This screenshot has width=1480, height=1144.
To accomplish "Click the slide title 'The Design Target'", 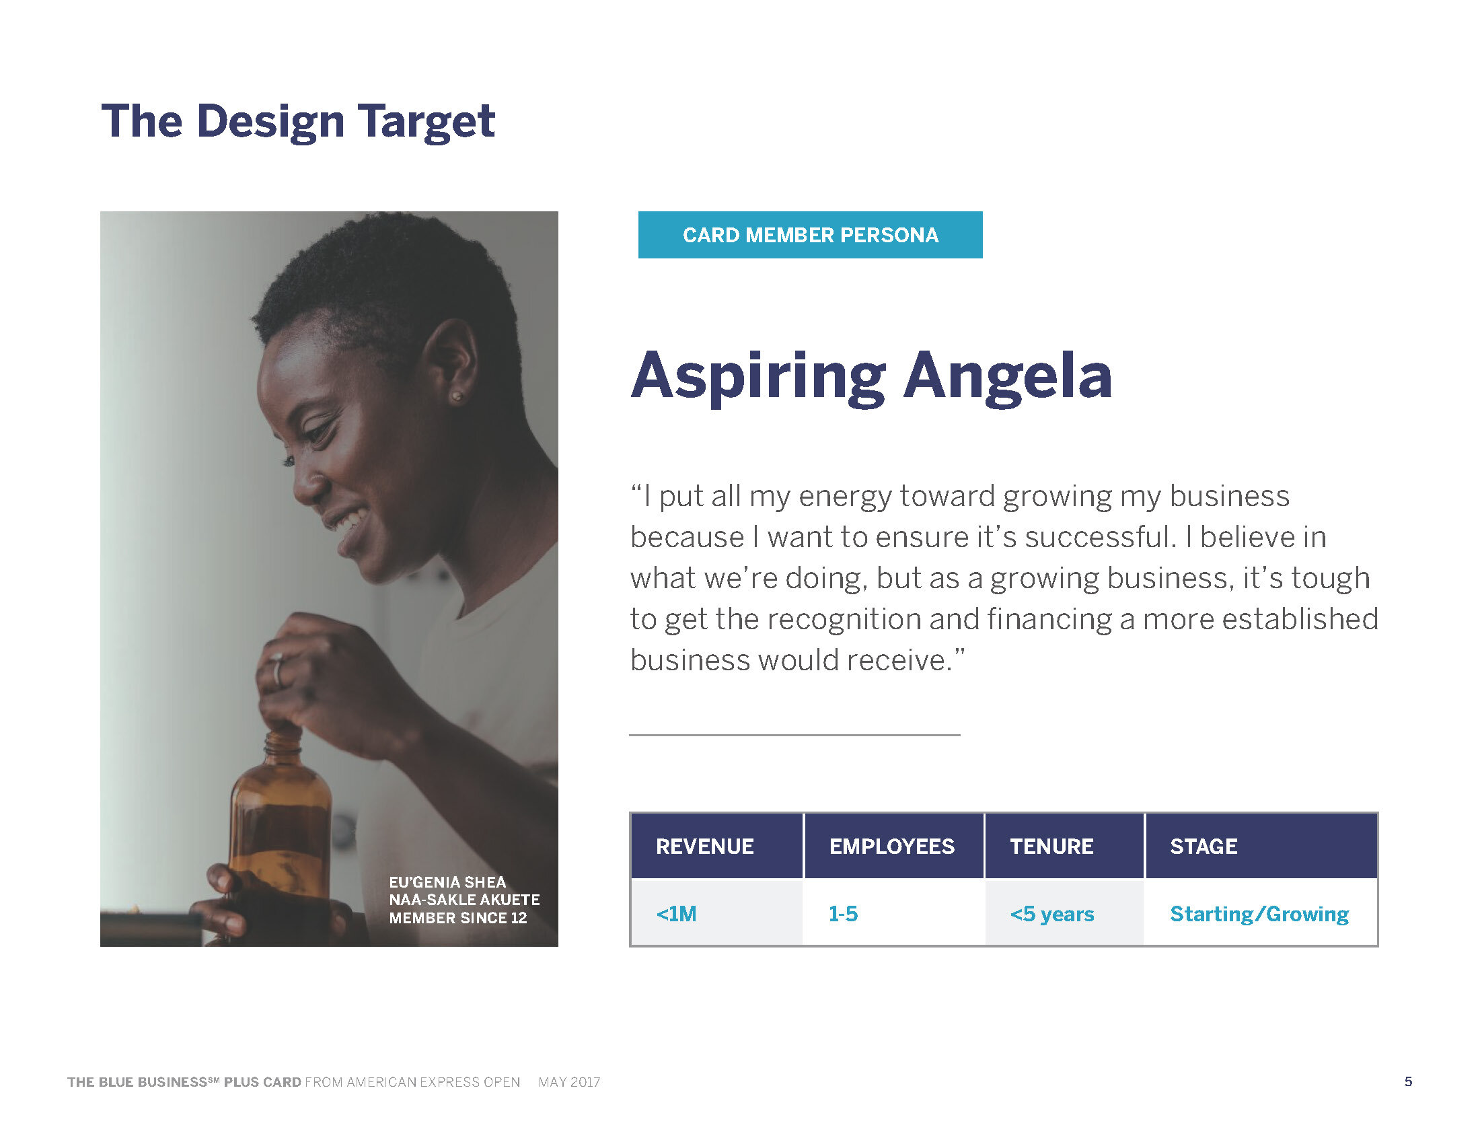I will click(x=298, y=121).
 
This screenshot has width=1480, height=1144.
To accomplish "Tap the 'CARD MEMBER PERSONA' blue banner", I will click(x=810, y=235).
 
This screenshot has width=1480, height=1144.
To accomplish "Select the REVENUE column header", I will click(x=704, y=847).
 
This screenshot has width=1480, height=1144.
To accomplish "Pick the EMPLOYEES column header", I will click(x=892, y=847).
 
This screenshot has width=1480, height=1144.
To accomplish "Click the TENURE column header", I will click(x=1051, y=847).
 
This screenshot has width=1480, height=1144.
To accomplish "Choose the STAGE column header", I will click(x=1204, y=847).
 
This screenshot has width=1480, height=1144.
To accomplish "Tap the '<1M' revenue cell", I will click(x=676, y=914).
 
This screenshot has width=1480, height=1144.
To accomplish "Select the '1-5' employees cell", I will click(x=843, y=914).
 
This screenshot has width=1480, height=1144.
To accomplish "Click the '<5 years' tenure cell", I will click(x=1051, y=914).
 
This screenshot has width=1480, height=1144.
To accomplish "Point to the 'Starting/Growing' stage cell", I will click(x=1259, y=914).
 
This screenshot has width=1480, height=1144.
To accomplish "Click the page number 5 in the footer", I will click(x=1408, y=1081).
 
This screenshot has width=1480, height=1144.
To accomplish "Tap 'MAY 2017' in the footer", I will click(x=569, y=1082).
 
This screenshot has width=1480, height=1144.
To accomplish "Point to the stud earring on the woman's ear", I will click(x=457, y=396).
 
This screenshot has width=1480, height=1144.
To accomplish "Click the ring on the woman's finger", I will click(x=277, y=670).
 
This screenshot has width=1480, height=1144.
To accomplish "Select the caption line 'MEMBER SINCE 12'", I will click(x=457, y=918).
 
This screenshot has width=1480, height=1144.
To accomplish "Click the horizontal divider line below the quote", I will click(x=794, y=735).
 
